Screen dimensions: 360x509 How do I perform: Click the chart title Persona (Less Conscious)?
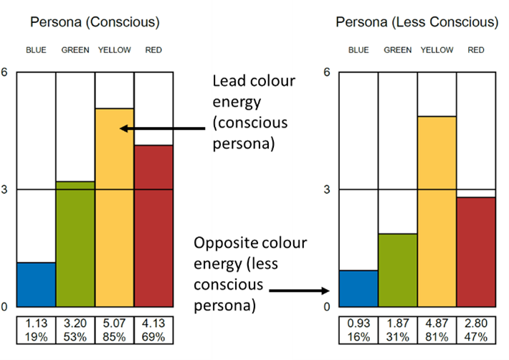point(417,22)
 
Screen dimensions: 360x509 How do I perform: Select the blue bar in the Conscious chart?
point(36,285)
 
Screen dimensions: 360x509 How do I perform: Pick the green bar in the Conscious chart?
point(75,244)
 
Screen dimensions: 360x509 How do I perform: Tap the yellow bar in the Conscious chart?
point(115,208)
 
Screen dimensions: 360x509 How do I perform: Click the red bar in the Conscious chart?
point(153,226)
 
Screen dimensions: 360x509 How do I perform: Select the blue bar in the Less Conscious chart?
point(358,288)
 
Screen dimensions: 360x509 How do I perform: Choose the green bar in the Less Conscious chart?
point(398,270)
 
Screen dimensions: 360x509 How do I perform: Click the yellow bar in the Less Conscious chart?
point(437,212)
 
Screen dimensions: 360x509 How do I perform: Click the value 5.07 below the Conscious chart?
point(115,324)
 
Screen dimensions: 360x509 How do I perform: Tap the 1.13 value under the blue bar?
point(36,324)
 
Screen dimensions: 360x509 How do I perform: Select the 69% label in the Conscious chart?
point(153,336)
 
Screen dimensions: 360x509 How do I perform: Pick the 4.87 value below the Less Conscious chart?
point(437,324)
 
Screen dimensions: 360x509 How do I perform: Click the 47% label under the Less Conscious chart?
point(476,336)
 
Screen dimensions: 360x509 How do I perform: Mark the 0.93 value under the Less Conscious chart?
point(358,324)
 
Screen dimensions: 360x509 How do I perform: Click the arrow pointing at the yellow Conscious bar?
point(163,129)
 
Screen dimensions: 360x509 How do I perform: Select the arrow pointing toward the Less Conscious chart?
point(308,291)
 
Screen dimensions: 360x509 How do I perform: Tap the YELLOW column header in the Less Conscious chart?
point(437,50)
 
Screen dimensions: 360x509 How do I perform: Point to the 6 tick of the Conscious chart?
point(5,72)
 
